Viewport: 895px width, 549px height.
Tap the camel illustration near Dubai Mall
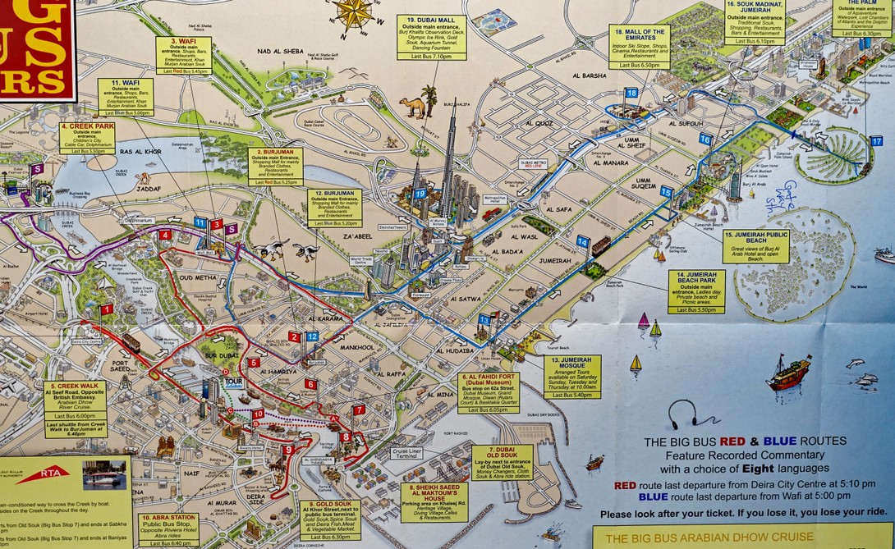click(412, 107)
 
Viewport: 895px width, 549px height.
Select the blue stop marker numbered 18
click(631, 93)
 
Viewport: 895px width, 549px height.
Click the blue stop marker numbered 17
click(876, 141)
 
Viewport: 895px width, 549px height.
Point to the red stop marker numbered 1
click(106, 309)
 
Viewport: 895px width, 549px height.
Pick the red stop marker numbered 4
click(165, 236)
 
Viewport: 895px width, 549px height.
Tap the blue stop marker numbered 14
click(582, 241)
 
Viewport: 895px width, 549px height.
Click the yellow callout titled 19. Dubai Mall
click(432, 38)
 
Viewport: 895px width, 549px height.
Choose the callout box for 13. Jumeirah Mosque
click(571, 377)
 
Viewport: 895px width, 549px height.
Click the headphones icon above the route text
click(682, 414)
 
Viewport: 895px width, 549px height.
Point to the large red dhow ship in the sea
click(789, 373)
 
